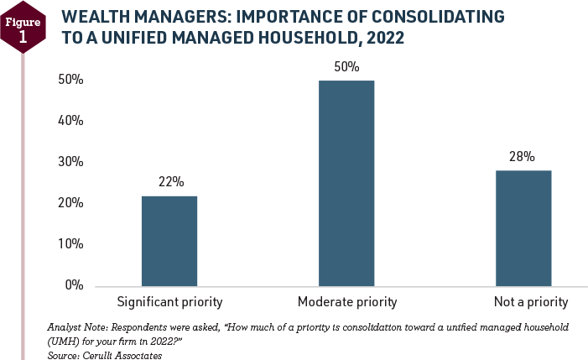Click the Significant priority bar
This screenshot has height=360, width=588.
point(169,241)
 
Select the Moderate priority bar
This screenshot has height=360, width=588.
point(346,183)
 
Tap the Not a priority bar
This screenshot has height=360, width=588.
point(523,227)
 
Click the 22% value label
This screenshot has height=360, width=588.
point(169,181)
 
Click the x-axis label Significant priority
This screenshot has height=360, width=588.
point(169,301)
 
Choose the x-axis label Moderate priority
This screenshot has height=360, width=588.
point(346,301)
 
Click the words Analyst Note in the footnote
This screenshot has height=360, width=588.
point(75,325)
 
